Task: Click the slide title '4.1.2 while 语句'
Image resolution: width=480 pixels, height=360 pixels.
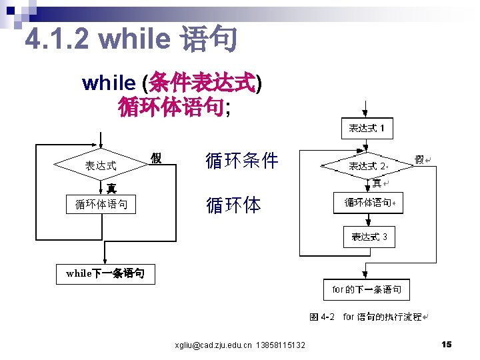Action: (131, 40)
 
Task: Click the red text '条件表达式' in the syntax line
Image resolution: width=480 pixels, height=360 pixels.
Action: (203, 83)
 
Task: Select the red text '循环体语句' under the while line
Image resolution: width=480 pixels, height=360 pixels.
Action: (171, 107)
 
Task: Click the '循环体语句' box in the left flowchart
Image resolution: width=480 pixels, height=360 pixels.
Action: (101, 204)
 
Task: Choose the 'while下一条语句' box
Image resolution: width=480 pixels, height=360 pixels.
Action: (105, 273)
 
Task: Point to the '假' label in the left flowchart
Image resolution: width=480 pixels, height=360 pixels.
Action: (156, 158)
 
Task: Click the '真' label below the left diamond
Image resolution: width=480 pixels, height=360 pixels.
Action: (111, 189)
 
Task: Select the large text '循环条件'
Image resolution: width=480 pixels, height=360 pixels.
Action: (242, 161)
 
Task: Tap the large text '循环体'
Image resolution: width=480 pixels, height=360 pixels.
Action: (233, 205)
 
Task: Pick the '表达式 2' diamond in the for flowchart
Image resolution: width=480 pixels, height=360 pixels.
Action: (369, 166)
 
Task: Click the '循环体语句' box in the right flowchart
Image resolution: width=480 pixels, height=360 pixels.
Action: (369, 203)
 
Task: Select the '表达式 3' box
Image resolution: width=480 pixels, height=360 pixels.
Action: (369, 237)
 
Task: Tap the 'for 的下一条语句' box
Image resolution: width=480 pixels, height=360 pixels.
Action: (367, 289)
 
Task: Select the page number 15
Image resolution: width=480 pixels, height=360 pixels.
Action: (446, 344)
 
